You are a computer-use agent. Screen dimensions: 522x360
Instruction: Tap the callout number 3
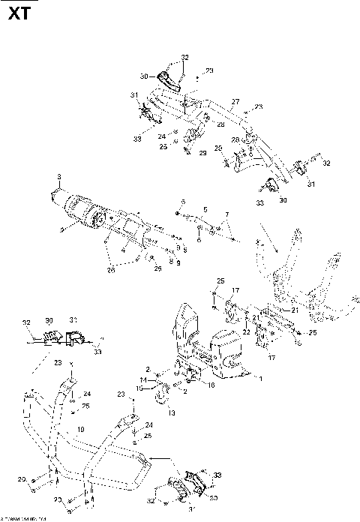[58, 177]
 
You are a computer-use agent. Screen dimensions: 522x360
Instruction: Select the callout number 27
[235, 101]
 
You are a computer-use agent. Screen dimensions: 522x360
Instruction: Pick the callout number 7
[225, 215]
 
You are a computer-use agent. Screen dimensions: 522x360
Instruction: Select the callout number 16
[211, 385]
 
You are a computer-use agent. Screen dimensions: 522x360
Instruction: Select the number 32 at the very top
[184, 57]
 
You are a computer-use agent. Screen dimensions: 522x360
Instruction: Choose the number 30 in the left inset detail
[49, 318]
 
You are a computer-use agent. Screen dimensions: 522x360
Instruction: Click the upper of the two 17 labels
[235, 290]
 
